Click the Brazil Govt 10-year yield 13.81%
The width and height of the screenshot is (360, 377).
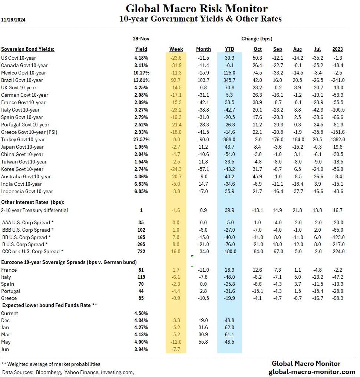pyautogui.click(x=141, y=80)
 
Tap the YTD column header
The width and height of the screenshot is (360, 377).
pyautogui.click(x=229, y=49)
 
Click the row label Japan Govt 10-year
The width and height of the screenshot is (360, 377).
pyautogui.click(x=22, y=147)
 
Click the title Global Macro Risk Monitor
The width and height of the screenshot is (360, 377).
pyautogui.click(x=196, y=8)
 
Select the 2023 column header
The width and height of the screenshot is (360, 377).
pyautogui.click(x=337, y=49)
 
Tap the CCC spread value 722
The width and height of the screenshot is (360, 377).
pyautogui.click(x=141, y=251)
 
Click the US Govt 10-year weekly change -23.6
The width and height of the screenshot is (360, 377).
pyautogui.click(x=176, y=58)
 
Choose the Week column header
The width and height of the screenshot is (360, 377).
pyautogui.click(x=176, y=49)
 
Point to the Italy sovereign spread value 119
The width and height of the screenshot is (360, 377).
pyautogui.click(x=141, y=277)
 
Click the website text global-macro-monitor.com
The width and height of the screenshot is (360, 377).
pyautogui.click(x=312, y=371)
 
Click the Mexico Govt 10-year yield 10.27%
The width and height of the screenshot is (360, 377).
pyautogui.click(x=141, y=73)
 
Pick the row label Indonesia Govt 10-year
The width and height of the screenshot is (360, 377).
pyautogui.click(x=27, y=191)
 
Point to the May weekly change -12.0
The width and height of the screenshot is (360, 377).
pyautogui.click(x=176, y=342)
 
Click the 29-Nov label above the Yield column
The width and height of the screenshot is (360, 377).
pyautogui.click(x=141, y=39)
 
